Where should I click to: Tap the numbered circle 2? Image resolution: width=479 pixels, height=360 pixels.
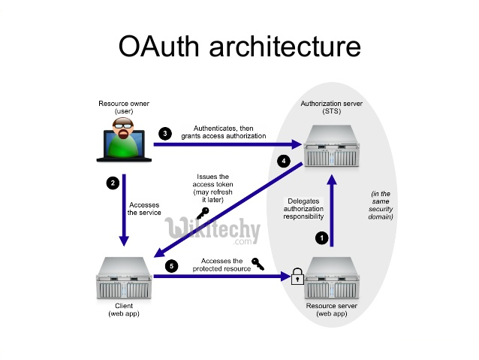pos(112,183)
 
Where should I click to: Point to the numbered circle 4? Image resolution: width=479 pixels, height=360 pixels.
pos(283,161)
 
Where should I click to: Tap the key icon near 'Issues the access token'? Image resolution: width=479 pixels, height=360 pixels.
pos(200,213)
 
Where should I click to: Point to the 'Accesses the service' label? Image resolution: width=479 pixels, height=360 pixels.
pos(144,208)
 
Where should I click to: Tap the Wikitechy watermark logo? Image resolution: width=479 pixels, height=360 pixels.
pos(212,230)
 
